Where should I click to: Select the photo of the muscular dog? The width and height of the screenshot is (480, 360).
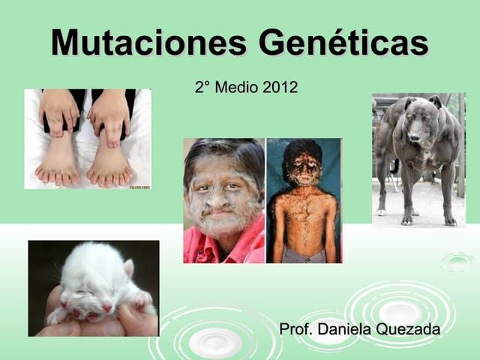418,159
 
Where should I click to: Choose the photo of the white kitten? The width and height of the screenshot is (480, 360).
93,288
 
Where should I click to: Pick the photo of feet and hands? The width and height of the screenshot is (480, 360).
87,139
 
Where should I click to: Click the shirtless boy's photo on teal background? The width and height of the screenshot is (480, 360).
304,200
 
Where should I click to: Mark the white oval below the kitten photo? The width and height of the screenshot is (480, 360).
214,342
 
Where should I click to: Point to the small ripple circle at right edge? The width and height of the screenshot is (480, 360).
457,262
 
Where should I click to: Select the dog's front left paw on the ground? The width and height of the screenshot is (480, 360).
407,220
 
